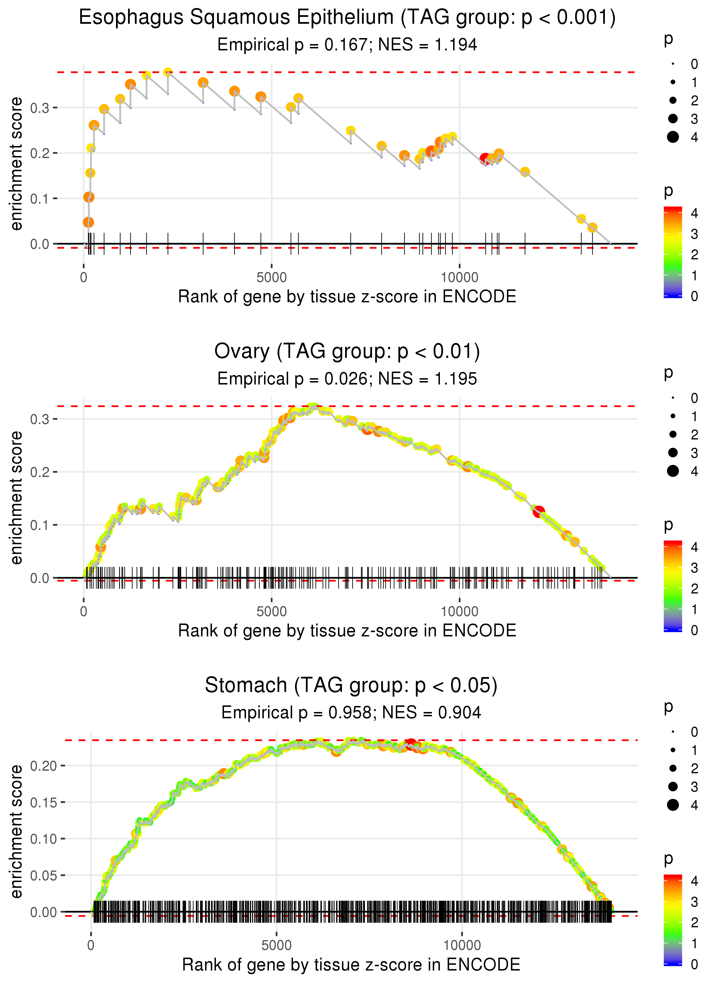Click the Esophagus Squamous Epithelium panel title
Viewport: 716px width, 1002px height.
(347, 18)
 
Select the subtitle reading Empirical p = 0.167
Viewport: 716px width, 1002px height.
(347, 45)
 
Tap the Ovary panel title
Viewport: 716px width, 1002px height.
(347, 352)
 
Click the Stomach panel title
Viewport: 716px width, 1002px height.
(351, 686)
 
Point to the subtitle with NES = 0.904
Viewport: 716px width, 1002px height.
(351, 713)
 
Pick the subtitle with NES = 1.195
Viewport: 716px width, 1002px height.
(347, 379)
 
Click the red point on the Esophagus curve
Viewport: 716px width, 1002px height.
(485, 159)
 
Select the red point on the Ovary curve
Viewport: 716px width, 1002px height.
(539, 512)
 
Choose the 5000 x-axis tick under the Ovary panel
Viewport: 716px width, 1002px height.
(272, 612)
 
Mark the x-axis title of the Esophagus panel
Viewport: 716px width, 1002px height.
(347, 297)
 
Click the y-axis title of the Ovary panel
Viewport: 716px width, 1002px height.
(16, 498)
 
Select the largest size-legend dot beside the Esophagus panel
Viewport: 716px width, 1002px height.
(673, 137)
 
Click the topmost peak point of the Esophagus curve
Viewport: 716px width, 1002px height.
(168, 72)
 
